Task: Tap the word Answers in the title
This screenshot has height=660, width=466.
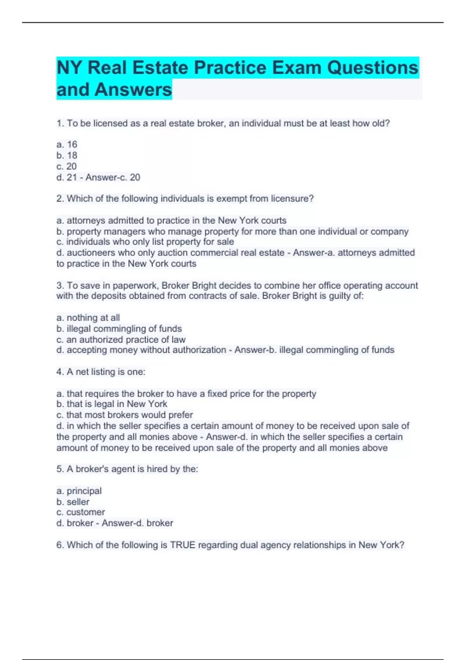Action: pyautogui.click(x=133, y=89)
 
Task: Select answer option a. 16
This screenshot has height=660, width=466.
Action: pyautogui.click(x=67, y=144)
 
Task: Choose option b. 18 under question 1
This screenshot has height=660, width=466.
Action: pyautogui.click(x=67, y=155)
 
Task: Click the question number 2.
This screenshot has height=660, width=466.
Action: pyautogui.click(x=60, y=198)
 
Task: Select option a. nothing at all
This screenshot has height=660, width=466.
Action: pyautogui.click(x=88, y=318)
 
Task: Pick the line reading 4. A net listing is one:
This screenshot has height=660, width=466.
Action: pyautogui.click(x=101, y=372)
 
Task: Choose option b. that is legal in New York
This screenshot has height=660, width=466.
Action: pyautogui.click(x=112, y=404)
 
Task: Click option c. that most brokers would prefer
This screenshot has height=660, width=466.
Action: pyautogui.click(x=125, y=415)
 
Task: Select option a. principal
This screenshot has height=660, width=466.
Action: pyautogui.click(x=79, y=491)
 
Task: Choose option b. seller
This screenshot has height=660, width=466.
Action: pyautogui.click(x=73, y=502)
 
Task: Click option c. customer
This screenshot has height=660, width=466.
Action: pyautogui.click(x=81, y=512)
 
